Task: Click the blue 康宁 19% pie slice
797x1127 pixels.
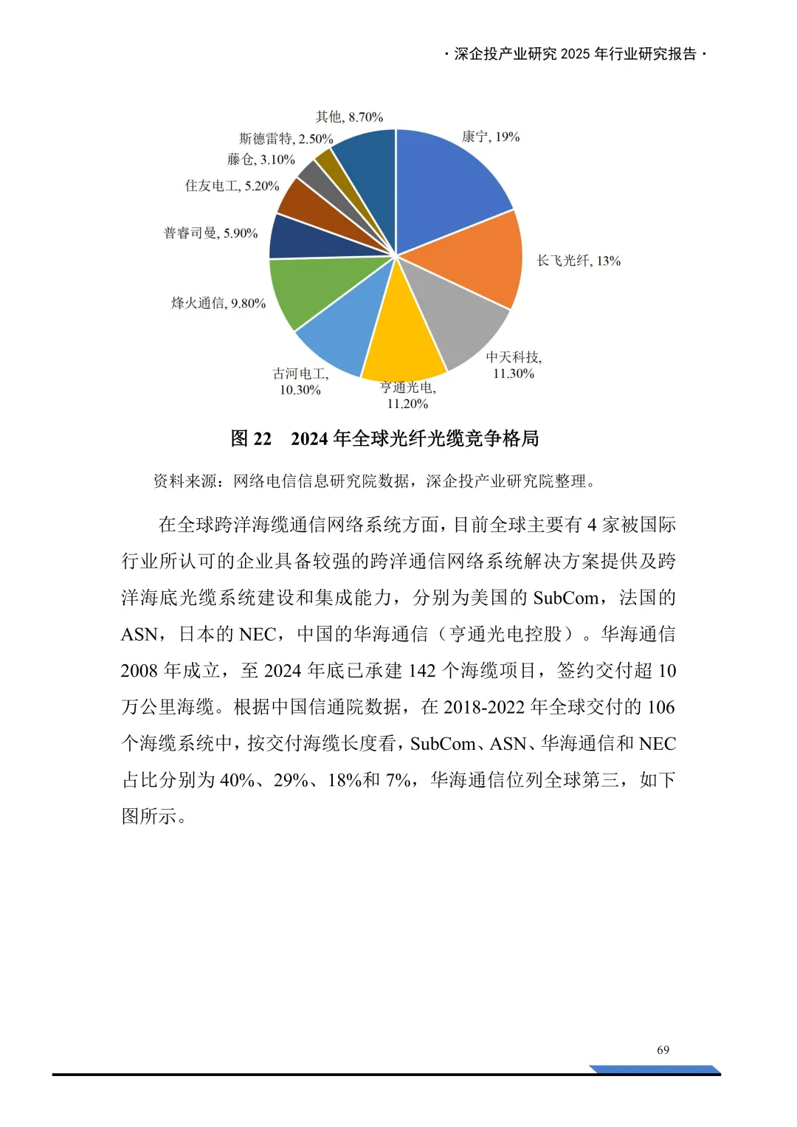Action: [446, 185]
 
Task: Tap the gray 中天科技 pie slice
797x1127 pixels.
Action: [458, 317]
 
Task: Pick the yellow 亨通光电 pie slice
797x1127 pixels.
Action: [402, 336]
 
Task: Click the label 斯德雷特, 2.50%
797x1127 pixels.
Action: [286, 139]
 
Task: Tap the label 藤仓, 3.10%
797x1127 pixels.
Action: [261, 159]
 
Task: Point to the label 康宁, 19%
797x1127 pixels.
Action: [491, 137]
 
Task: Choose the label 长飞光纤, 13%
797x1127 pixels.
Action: [579, 261]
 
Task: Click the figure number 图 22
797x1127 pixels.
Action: [252, 438]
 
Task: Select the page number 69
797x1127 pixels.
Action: [663, 1050]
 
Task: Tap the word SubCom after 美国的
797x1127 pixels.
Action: [566, 598]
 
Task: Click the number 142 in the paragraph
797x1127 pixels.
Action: [422, 670]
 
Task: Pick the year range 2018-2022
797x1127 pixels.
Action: [484, 707]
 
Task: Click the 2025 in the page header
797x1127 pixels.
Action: [576, 54]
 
